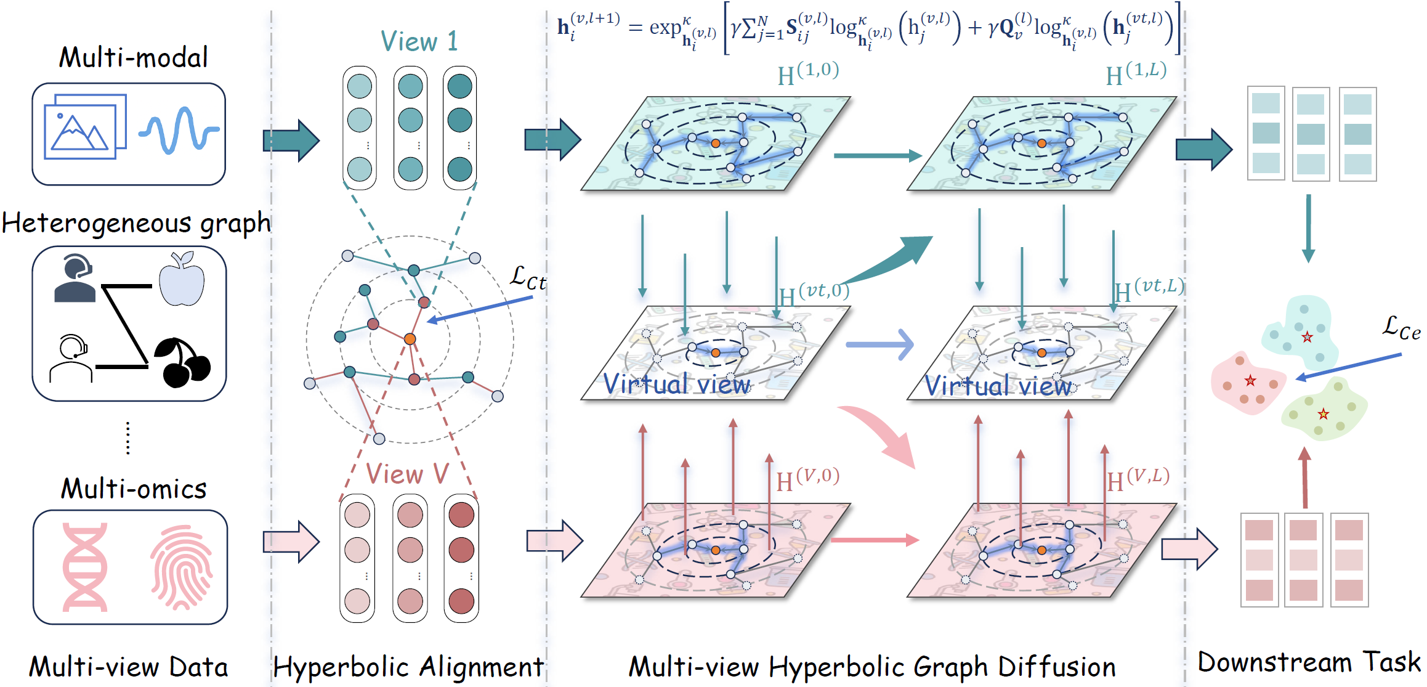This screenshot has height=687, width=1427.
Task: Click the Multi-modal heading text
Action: (x=133, y=58)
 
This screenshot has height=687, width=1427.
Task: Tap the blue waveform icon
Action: (x=179, y=130)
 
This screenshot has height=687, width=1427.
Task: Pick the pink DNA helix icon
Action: (x=85, y=567)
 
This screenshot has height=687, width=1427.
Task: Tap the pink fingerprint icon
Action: (x=182, y=567)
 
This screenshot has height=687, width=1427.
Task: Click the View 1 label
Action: (x=419, y=42)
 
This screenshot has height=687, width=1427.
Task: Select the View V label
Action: (x=407, y=474)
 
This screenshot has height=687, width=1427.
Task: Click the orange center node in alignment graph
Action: (x=410, y=339)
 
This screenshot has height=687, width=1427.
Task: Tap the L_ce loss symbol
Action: (x=1401, y=328)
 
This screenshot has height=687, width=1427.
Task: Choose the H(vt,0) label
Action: (x=814, y=293)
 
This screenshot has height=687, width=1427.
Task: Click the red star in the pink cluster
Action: (x=1250, y=380)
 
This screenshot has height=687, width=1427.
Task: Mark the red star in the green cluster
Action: (x=1324, y=414)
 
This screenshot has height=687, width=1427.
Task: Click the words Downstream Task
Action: (x=1309, y=662)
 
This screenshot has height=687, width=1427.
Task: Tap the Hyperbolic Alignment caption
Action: (x=408, y=667)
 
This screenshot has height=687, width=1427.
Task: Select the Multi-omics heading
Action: (x=134, y=489)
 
